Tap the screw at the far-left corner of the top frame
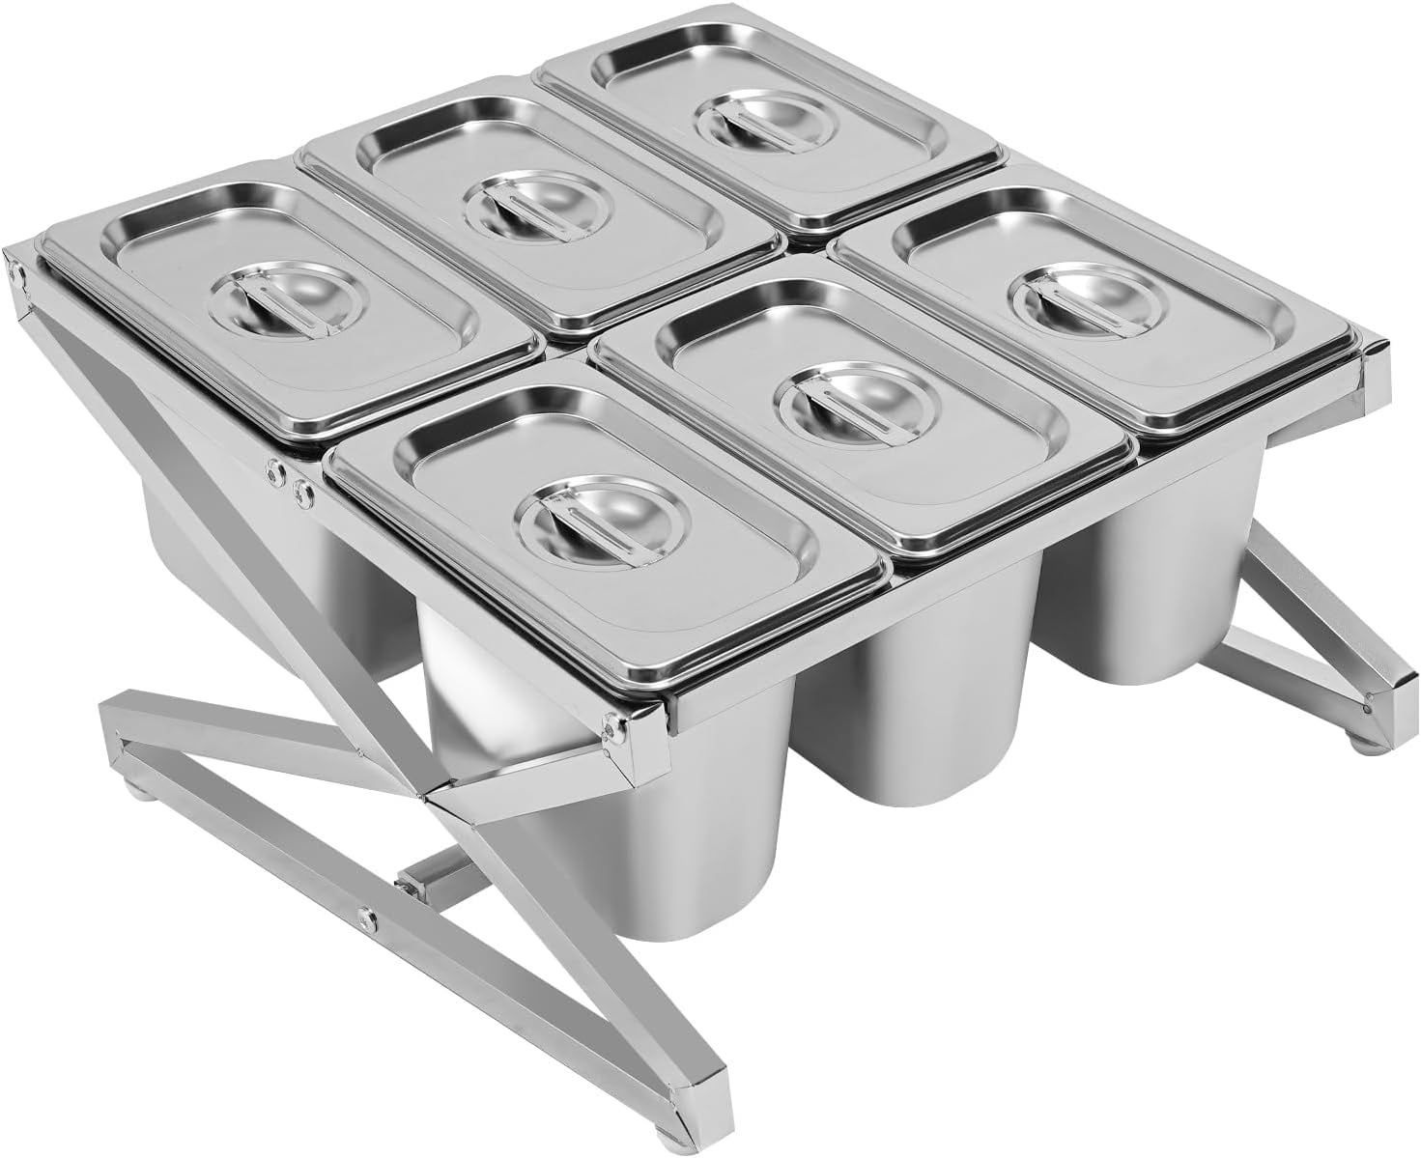click(17, 273)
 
